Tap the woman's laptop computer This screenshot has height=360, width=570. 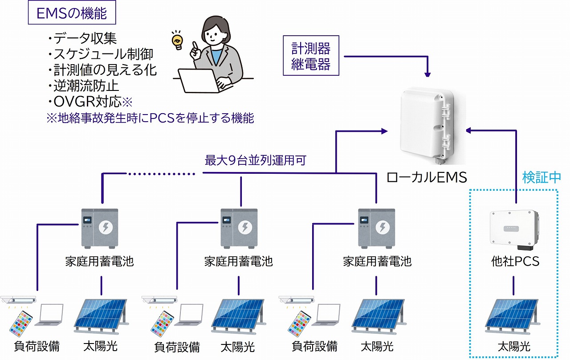coord(198,81)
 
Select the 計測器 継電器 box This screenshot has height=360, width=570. coord(311,56)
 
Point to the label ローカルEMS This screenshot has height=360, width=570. coord(426,177)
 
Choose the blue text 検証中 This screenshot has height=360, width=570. coord(541,178)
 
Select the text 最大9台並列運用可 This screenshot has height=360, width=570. coord(255,160)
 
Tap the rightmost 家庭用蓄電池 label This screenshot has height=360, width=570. coord(377,261)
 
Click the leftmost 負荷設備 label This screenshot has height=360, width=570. coord(37,346)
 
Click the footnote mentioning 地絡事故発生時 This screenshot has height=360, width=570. coord(150,118)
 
